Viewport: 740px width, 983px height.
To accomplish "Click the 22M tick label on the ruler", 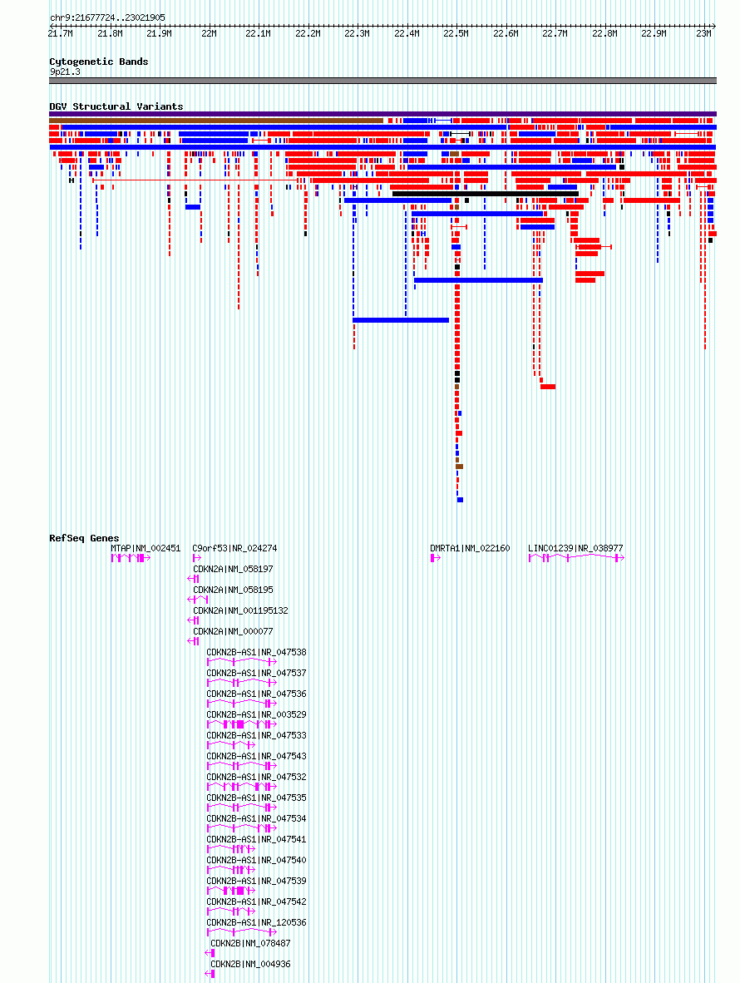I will coord(208,33).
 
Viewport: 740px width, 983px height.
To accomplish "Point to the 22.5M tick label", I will coord(455,33).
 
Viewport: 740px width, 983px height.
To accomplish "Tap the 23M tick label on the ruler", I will coord(703,33).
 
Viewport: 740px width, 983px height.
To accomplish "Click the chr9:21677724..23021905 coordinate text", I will coord(107,17).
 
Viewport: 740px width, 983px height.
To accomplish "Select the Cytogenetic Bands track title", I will coord(98,62).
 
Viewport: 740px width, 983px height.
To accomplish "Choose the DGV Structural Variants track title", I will coord(116,106).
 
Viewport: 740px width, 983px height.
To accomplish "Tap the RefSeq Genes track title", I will coord(84,538).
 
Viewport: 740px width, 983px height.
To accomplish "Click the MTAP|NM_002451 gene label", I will coord(146,548).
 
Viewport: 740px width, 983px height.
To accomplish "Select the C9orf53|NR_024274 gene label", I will coord(234,548).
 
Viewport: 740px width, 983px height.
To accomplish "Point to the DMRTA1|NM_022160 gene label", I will coord(470,548).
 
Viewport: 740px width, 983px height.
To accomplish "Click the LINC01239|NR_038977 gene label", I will coord(575,548).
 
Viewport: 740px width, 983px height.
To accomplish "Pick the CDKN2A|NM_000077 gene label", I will coord(233,631).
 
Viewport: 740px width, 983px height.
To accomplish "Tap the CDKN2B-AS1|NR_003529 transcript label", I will coord(256,714).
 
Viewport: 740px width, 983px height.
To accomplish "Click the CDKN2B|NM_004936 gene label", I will coord(250,964).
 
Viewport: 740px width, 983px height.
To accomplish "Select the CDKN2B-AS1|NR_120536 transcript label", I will coord(256,922).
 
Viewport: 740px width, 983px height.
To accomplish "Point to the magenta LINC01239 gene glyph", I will coord(576,558).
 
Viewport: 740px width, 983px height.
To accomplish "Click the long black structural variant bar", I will coord(485,194).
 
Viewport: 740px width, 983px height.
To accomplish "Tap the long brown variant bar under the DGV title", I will coord(216,121).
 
